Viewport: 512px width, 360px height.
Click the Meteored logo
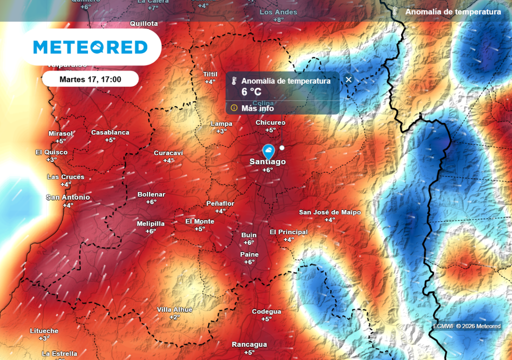(x=90, y=47)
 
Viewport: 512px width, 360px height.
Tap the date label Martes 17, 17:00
(x=90, y=79)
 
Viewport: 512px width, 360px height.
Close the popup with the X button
(x=348, y=79)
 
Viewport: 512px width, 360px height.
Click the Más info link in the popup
(x=257, y=108)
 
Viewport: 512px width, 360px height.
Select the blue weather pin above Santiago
(x=268, y=150)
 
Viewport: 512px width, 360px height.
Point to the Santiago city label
(x=268, y=162)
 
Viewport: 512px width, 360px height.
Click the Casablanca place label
(x=110, y=132)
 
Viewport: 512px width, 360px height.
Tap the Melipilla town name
(x=150, y=224)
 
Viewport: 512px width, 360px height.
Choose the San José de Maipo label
(x=329, y=212)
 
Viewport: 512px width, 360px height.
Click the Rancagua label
(x=249, y=344)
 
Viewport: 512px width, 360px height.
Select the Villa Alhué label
(x=174, y=309)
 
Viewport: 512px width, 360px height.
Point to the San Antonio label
(x=68, y=197)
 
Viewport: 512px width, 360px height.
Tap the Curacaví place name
(x=168, y=153)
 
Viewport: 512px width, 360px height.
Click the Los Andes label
(x=278, y=12)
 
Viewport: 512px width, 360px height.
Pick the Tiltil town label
(x=210, y=74)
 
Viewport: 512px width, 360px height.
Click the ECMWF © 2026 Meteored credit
(x=466, y=326)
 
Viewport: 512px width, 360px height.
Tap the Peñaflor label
(x=220, y=203)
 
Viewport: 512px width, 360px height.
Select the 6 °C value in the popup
(x=251, y=92)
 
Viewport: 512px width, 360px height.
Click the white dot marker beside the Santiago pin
(x=282, y=147)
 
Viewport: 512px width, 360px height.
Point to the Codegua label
(x=266, y=311)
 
